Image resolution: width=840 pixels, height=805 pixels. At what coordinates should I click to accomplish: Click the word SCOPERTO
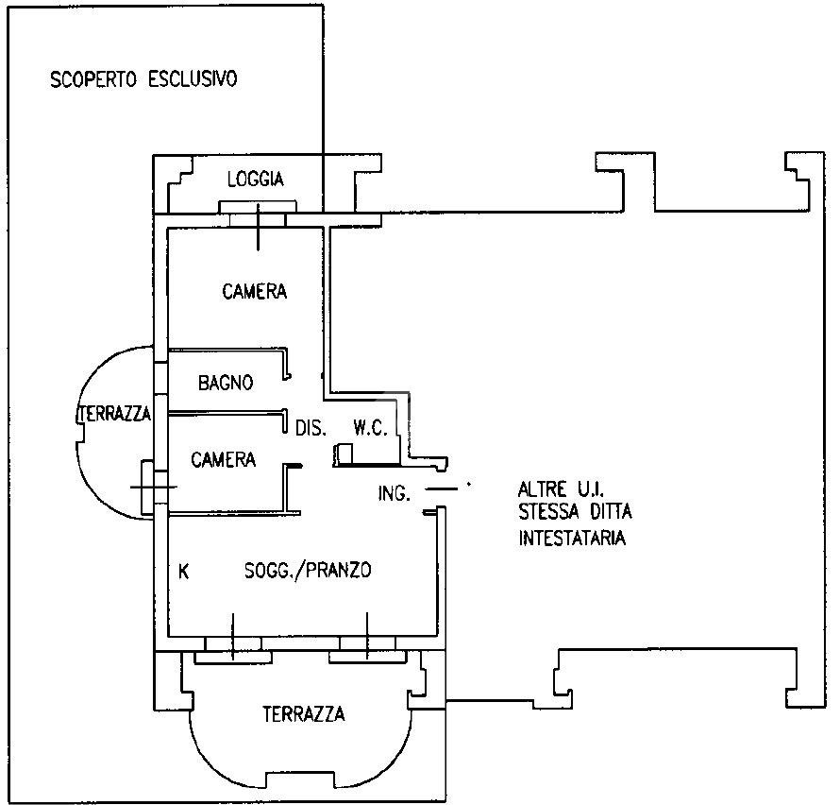point(93,80)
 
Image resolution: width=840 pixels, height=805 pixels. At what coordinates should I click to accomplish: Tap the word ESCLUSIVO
point(193,79)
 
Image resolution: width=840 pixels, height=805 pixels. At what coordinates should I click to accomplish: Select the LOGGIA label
point(256,180)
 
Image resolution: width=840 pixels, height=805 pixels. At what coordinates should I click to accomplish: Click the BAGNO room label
point(226,383)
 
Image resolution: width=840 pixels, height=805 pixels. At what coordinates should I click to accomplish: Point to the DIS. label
point(311,428)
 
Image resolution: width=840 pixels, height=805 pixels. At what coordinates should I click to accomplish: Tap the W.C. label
point(370,428)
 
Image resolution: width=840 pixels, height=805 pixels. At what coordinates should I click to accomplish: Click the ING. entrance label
point(395,493)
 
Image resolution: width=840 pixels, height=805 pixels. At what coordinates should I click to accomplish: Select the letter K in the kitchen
point(183,572)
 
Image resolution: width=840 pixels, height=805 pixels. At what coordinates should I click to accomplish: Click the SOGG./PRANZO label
point(308,570)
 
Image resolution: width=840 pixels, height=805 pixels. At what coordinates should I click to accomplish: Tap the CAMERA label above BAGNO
point(255,292)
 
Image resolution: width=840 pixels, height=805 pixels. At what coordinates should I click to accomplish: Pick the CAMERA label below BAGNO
point(224,459)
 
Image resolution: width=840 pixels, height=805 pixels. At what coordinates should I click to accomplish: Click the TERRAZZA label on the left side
point(114,414)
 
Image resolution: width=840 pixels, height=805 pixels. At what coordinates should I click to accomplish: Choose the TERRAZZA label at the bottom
point(304,714)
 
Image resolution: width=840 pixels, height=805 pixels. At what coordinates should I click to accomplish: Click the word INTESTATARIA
point(572,538)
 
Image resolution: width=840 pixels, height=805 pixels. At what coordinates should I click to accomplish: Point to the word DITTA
point(612,512)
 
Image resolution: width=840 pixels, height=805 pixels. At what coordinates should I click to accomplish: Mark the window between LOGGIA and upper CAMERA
point(258,214)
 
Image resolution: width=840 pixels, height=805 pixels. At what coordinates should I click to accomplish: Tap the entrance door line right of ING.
point(442,489)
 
